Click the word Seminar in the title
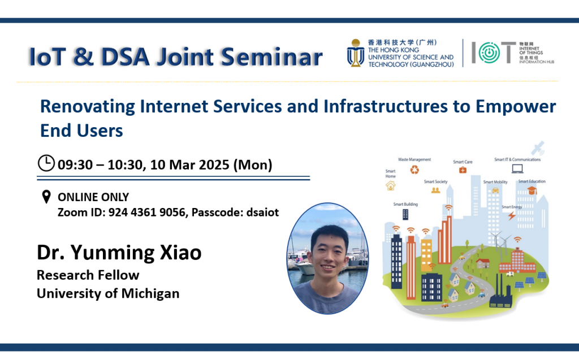coord(271,57)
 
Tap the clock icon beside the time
coord(46,163)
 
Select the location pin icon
coord(46,197)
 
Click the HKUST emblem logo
coord(356,53)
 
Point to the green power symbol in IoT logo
coord(489,53)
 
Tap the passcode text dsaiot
coord(262,212)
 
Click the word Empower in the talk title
coord(516,107)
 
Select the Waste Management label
coord(414,159)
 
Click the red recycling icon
coord(414,170)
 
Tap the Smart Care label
coord(463,162)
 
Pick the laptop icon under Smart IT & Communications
coord(517,169)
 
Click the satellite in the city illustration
coord(538,148)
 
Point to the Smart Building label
coord(405,204)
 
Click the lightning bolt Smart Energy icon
coord(511,215)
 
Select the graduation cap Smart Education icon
coord(532,190)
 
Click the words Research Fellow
coord(88,275)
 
